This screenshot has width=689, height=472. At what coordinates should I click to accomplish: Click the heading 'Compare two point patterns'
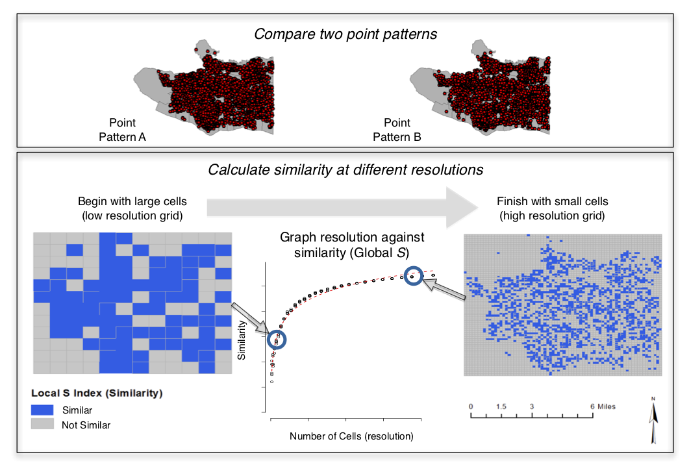click(345, 34)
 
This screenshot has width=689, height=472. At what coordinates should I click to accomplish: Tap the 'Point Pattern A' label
click(122, 130)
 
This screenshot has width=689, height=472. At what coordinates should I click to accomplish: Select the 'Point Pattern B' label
click(397, 130)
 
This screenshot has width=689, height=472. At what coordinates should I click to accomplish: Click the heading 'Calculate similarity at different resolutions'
click(345, 169)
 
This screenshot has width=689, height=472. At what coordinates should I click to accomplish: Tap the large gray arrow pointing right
click(342, 208)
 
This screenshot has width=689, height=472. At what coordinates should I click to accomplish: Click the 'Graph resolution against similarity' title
click(352, 245)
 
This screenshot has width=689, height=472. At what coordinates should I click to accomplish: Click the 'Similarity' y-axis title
click(241, 340)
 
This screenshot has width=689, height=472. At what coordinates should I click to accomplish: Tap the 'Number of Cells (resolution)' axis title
click(351, 436)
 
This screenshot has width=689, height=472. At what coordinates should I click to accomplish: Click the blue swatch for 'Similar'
click(42, 410)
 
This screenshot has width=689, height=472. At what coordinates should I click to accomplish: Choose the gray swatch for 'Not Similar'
click(42, 424)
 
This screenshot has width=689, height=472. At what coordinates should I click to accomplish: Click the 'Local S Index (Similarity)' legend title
click(97, 393)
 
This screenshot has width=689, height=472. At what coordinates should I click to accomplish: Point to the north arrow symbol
click(653, 420)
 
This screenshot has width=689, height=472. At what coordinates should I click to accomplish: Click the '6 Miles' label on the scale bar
click(603, 406)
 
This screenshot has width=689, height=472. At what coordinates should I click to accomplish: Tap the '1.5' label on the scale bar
click(501, 406)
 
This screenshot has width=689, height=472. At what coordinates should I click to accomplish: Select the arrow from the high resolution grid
click(444, 290)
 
